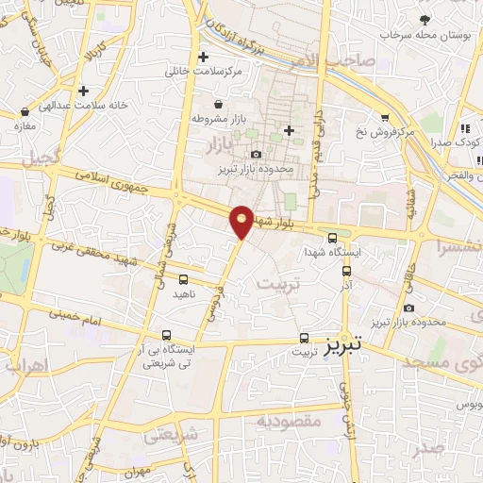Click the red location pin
pos(241,222)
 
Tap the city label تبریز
pos(344,346)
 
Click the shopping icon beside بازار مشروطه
pos(219,105)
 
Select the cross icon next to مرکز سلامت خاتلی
pos(203,57)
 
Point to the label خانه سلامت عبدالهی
pos(138,106)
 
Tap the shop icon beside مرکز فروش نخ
pos(385,117)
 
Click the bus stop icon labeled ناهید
pos(183,279)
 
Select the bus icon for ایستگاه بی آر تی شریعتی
pos(166,335)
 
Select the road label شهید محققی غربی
pos(99,253)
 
